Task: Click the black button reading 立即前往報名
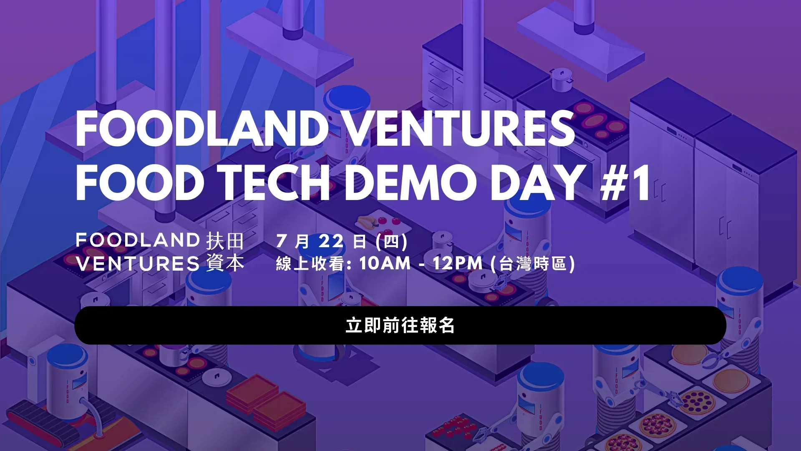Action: coord(400,325)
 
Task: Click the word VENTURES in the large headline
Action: coord(460,129)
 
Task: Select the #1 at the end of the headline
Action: coord(625,182)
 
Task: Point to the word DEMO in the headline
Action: coord(411,182)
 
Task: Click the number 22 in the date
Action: coord(331,241)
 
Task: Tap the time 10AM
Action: coord(385,264)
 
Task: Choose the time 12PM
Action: coord(457,264)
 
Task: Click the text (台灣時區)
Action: coord(533,264)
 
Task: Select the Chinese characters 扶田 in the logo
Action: coord(225,241)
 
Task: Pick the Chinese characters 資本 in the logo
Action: coord(225,264)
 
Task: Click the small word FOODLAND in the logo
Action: coord(138,240)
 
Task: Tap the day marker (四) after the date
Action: coord(391,241)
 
